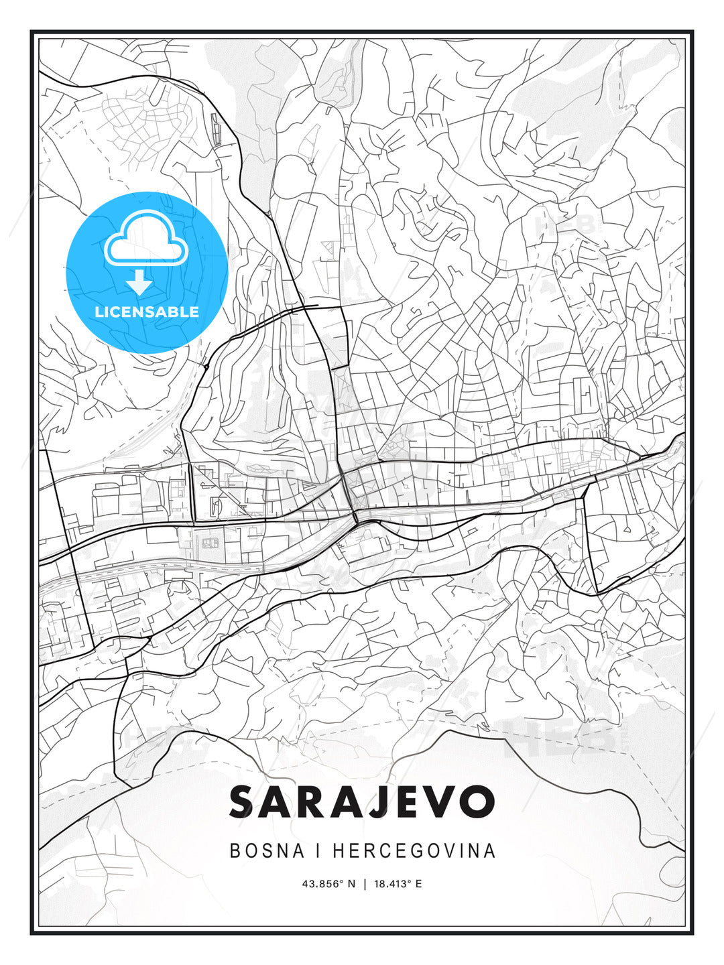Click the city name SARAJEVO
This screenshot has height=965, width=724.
coord(362,801)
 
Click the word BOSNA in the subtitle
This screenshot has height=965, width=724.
coord(258,850)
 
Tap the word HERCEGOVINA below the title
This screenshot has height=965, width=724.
coord(414,850)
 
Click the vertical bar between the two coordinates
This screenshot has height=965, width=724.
coord(365,884)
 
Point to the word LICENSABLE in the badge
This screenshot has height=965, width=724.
coord(147,312)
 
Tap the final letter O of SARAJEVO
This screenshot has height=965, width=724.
coord(477,801)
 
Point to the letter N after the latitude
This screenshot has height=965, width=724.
coord(352,884)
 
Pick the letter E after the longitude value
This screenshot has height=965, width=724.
coord(418,884)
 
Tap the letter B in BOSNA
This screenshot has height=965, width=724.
coord(235,850)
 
